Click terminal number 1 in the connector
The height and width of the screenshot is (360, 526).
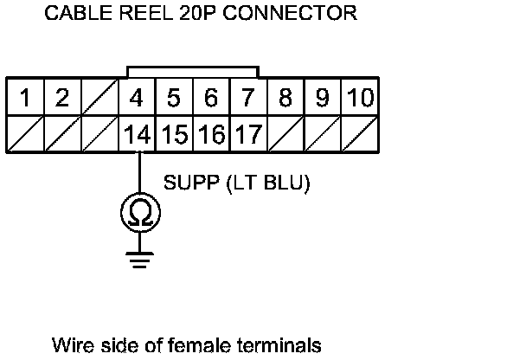(25, 98)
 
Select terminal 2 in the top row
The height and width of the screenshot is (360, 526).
(61, 98)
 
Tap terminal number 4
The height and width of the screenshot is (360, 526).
(136, 98)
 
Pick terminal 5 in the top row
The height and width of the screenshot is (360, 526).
(173, 98)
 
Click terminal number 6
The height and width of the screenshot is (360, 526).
(210, 98)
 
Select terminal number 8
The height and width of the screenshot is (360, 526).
(285, 98)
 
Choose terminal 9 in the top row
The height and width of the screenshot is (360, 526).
(322, 98)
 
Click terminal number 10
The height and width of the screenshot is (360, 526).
(359, 98)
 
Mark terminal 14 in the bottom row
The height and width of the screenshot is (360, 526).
(136, 134)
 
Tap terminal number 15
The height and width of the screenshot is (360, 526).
(173, 134)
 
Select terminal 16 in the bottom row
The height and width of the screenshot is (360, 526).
(210, 134)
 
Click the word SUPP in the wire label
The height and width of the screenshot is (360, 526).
(187, 183)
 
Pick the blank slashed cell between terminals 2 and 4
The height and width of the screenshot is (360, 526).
(99, 98)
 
